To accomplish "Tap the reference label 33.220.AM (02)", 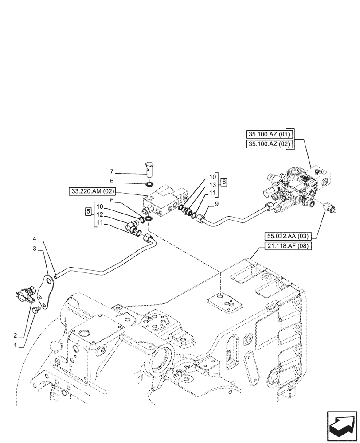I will tap(91, 191).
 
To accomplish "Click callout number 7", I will tap(112, 171).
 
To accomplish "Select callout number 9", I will tap(216, 203).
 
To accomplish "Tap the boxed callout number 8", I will tap(225, 182).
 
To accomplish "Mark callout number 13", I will tap(213, 185).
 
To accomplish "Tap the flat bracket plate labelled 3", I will tap(47, 290).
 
